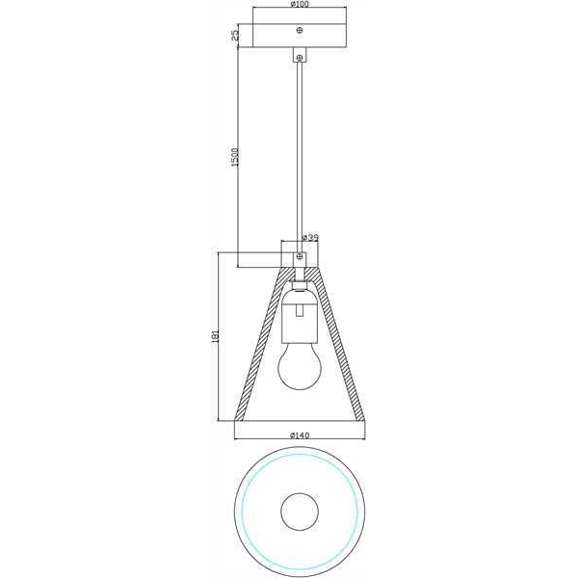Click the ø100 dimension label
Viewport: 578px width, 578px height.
(x=300, y=4)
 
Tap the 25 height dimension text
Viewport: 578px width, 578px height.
(x=235, y=36)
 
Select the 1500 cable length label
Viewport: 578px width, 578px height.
(x=235, y=157)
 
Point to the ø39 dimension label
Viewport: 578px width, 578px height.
(x=309, y=238)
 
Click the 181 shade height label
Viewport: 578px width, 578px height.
(x=216, y=336)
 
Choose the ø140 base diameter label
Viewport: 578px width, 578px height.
(x=300, y=435)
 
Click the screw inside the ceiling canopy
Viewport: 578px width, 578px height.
(x=300, y=30)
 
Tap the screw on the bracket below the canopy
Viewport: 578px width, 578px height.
(x=300, y=57)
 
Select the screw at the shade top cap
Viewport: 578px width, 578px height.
(x=300, y=256)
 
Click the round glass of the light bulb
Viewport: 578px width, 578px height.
(x=300, y=367)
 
